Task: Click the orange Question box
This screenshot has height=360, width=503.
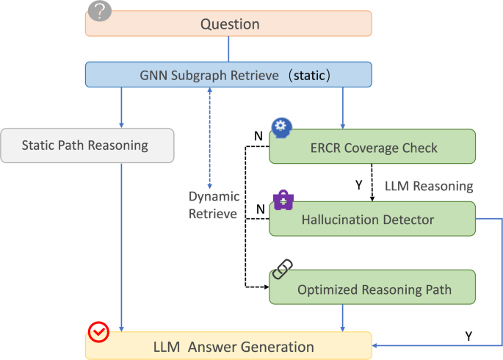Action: click(229, 24)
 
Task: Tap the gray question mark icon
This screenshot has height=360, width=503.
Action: click(100, 11)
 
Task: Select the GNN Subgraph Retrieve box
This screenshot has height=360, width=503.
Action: click(229, 74)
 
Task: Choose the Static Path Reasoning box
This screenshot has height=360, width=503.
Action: click(87, 145)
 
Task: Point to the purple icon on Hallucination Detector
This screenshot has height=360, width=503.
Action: click(283, 200)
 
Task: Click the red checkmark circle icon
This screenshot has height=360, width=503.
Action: click(98, 333)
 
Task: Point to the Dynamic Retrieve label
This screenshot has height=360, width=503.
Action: click(213, 206)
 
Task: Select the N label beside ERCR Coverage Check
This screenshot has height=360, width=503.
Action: click(258, 137)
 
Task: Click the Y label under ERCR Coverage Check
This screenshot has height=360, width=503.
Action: click(359, 185)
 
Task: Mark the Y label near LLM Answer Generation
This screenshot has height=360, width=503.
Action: click(468, 336)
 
